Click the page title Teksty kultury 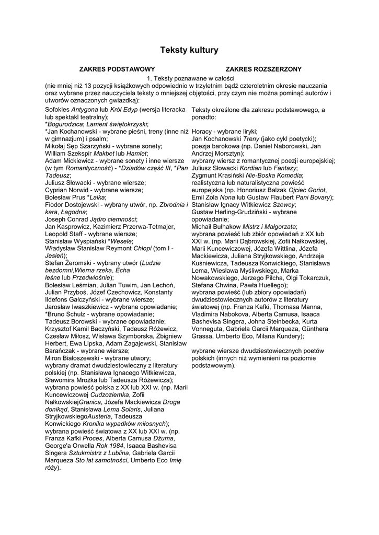tap(189, 50)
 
